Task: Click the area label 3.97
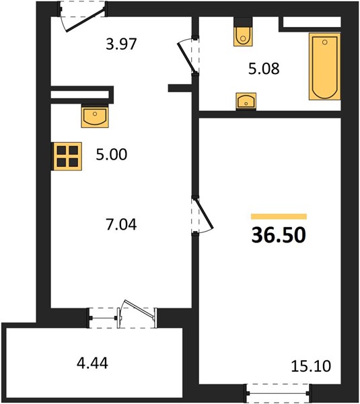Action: click(121, 44)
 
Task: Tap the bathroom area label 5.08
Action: click(264, 69)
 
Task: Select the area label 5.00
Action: click(112, 155)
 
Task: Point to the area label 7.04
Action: click(121, 224)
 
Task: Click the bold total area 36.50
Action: click(279, 235)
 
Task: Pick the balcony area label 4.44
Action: click(92, 364)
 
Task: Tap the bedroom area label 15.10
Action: click(311, 366)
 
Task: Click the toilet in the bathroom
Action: click(243, 32)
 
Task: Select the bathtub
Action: click(325, 66)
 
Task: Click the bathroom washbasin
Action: click(246, 101)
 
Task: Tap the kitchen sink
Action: click(95, 117)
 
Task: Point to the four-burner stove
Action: click(67, 156)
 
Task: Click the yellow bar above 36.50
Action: click(279, 216)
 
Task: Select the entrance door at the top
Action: click(85, 20)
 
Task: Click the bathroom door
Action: click(187, 57)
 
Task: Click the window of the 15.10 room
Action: click(279, 393)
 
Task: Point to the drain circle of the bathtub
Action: click(325, 42)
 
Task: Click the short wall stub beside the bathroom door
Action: click(180, 88)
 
